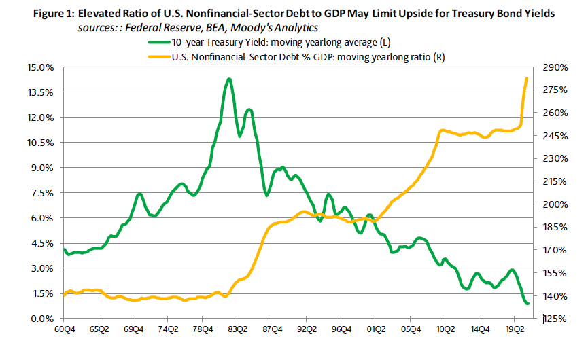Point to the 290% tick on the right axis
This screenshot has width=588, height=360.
pyautogui.click(x=555, y=67)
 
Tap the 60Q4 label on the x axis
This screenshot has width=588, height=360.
pyautogui.click(x=64, y=331)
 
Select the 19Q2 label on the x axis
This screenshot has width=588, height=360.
pyautogui.click(x=515, y=331)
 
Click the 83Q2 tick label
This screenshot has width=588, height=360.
pyautogui.click(x=237, y=331)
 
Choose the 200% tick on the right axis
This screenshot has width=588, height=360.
pyautogui.click(x=555, y=204)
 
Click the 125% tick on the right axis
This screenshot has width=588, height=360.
pyautogui.click(x=555, y=319)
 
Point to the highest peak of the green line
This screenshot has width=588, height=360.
pyautogui.click(x=229, y=79)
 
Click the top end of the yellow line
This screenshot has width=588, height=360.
pyautogui.click(x=527, y=79)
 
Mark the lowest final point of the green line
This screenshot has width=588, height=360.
pyautogui.click(x=528, y=304)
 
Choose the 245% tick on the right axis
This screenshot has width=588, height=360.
pyautogui.click(x=555, y=136)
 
